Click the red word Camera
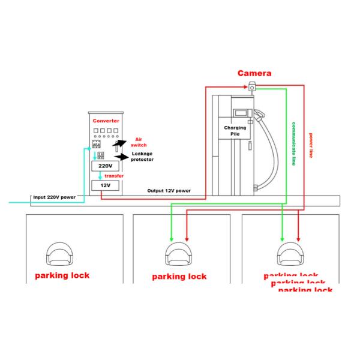(x=254, y=73)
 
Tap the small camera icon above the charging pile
(x=252, y=88)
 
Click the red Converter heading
(x=106, y=121)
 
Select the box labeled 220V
(x=106, y=166)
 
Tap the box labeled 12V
(x=106, y=187)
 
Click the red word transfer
(x=114, y=176)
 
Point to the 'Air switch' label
(x=139, y=141)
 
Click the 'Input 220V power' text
(x=54, y=197)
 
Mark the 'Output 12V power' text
(x=169, y=190)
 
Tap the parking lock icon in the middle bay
(x=178, y=254)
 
